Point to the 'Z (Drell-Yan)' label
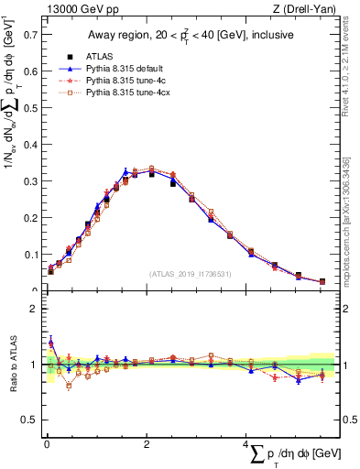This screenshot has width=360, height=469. coord(307,9)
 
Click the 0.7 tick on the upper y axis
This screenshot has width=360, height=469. coord(31,36)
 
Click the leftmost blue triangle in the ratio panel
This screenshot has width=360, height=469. coord(51,342)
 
